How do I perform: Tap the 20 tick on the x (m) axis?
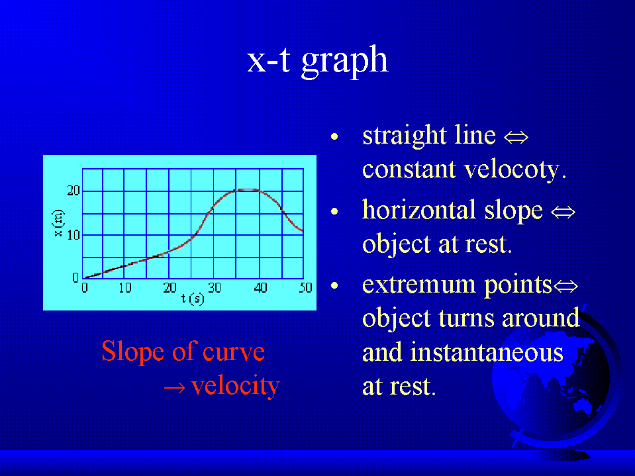point(73,191)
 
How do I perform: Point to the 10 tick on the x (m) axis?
point(73,235)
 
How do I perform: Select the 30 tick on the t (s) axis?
point(215,288)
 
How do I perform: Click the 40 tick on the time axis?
point(260,288)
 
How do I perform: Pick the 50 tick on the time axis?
point(306,288)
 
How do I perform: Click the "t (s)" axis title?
point(193,299)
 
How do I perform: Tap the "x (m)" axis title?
point(59,223)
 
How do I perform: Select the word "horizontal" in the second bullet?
point(418,210)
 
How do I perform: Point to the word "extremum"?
point(418,285)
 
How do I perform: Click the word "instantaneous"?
point(487,352)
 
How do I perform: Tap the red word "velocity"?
point(235,385)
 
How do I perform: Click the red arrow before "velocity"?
point(175,388)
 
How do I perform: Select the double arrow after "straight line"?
point(516,138)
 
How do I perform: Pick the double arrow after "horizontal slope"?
point(563,212)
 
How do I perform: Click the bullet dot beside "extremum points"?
point(334,286)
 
